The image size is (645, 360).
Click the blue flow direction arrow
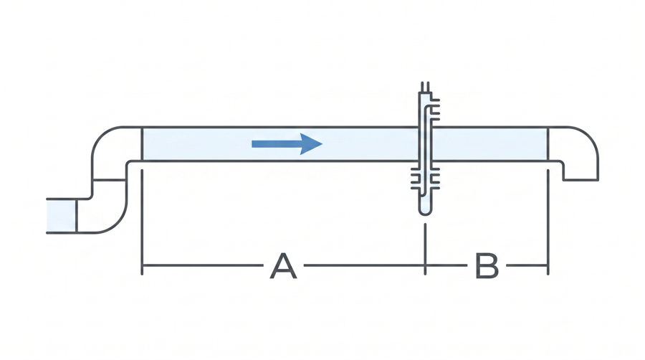click(x=287, y=143)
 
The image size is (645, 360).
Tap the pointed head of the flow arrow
click(x=321, y=143)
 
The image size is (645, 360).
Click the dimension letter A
click(x=283, y=266)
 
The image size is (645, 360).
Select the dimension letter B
click(x=487, y=266)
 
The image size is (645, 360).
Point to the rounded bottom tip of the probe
click(x=425, y=213)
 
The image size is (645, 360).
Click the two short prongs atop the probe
click(x=425, y=87)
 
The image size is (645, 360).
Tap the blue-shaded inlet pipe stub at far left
click(x=61, y=216)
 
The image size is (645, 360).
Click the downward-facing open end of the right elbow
click(x=580, y=179)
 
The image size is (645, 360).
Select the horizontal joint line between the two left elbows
click(x=109, y=180)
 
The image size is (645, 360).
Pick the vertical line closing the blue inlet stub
click(x=76, y=216)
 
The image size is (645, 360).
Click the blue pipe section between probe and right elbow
click(x=490, y=144)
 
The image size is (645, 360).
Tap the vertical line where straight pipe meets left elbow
click(x=142, y=144)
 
